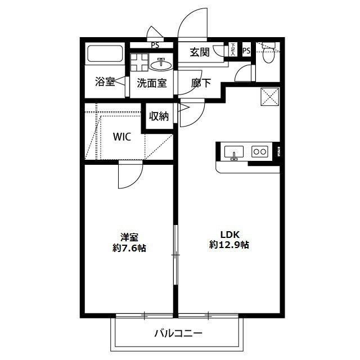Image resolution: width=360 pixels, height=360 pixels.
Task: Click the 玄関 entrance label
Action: pos(200,53)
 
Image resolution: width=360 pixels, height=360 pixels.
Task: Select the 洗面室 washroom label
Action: pos(152,83)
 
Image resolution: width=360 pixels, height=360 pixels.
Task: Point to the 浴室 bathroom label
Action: pos(105,82)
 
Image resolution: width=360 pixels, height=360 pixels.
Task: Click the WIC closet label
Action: pos(122,137)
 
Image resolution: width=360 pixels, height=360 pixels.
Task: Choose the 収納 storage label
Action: pos(159,116)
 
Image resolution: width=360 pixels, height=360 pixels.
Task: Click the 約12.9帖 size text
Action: pos(229,245)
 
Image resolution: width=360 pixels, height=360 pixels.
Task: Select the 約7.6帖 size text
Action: pos(129,248)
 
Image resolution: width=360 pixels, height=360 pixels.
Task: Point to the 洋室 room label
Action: pos(129,237)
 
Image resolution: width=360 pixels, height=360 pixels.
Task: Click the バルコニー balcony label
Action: pos(178,334)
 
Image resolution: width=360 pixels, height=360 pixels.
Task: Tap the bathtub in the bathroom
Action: pos(105,55)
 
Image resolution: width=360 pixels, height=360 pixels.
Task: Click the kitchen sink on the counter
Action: pos(235,151)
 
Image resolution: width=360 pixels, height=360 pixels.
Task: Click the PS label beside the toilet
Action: pos(246,51)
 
